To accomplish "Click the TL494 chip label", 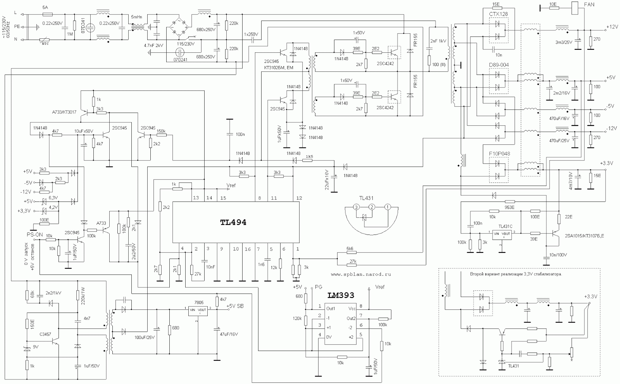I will [233, 223].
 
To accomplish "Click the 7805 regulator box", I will [197, 310].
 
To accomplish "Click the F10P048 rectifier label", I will [499, 154].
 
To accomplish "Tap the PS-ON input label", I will [34, 235].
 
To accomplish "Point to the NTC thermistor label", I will [46, 44].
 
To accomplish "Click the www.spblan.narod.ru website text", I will [361, 274].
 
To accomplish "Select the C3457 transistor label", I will [45, 334].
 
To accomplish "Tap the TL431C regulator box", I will [501, 234].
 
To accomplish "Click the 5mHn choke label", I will [137, 17].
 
